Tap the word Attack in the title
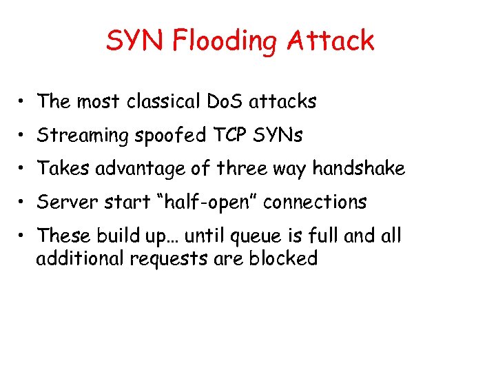pos(331,41)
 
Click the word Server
pos(63,203)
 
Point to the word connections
pos(316,203)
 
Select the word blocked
pos(283,259)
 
